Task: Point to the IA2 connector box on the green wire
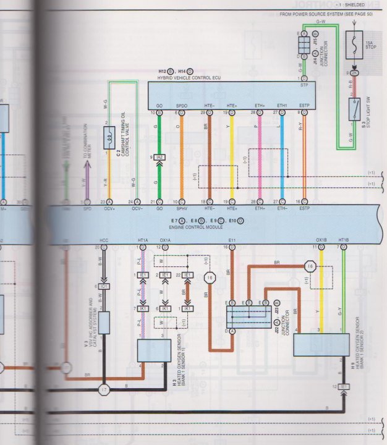tap(159, 158)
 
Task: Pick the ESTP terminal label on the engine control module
tap(304, 210)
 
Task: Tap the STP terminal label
tap(304, 85)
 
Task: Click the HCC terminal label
tap(103, 240)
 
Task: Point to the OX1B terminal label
tap(321, 240)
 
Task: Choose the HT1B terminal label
tap(344, 240)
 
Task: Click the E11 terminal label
tap(232, 240)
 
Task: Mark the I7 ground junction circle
tap(103, 389)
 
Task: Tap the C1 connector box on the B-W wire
tap(104, 287)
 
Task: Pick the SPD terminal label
tap(87, 210)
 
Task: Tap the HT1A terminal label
tap(143, 240)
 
